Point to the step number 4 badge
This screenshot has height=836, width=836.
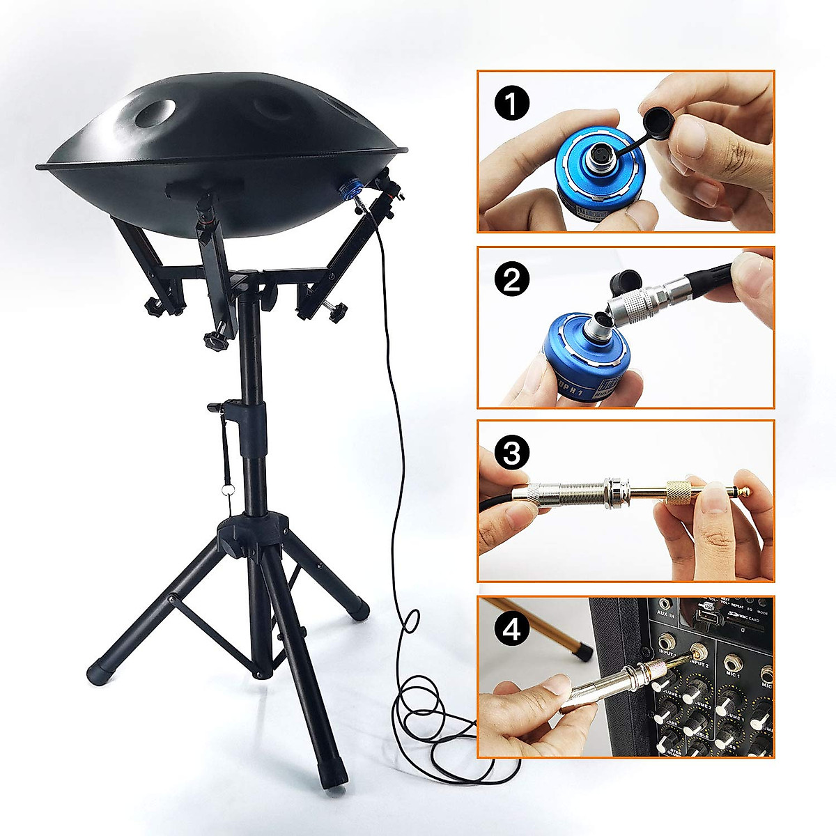[x=512, y=630]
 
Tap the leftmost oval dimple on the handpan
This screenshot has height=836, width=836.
[x=155, y=112]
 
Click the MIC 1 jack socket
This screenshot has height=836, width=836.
[x=734, y=665]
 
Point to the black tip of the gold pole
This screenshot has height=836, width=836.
[x=580, y=652]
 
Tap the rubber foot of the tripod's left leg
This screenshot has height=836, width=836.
[x=98, y=674]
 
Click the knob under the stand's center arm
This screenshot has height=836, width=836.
[x=216, y=341]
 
